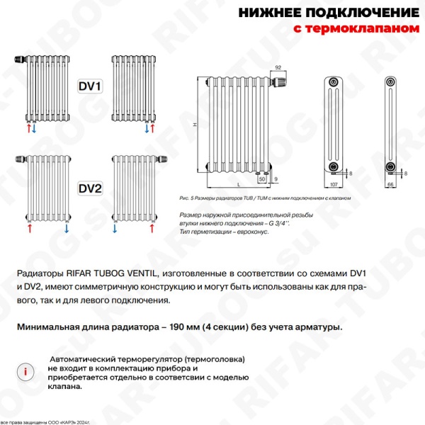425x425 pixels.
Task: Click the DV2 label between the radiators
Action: click(x=89, y=188)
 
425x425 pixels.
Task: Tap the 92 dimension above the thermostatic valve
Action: click(x=278, y=67)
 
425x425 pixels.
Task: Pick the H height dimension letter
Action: click(x=194, y=125)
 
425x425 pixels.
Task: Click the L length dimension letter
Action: click(x=238, y=183)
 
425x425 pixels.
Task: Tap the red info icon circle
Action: click(x=26, y=370)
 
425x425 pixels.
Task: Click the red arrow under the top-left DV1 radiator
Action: click(x=28, y=130)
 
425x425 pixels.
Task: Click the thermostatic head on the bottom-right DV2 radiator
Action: click(x=162, y=159)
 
